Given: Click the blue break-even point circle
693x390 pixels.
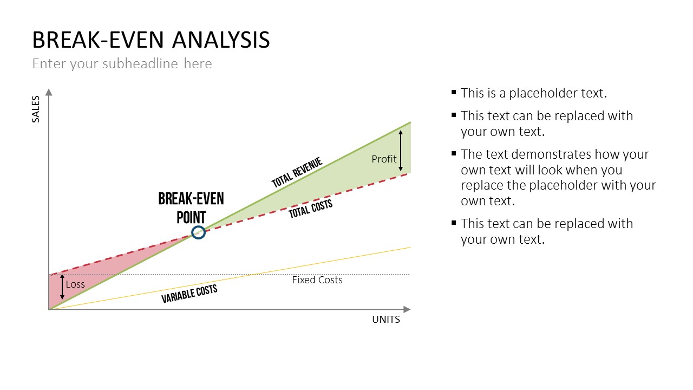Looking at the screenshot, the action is [x=198, y=226].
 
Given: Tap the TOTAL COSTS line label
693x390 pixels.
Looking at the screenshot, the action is [x=311, y=209].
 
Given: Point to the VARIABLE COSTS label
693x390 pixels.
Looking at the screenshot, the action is [x=189, y=294].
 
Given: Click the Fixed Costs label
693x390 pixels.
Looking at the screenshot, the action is [x=317, y=280].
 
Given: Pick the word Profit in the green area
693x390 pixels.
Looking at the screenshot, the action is [x=384, y=159].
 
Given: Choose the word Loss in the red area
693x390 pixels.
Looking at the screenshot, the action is [x=75, y=284].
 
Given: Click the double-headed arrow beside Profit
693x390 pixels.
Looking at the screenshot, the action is [x=401, y=151].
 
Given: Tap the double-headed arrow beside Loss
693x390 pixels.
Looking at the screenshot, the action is [x=62, y=287].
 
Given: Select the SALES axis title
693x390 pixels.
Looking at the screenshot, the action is [x=36, y=109].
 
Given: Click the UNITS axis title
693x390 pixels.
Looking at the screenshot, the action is [x=386, y=320].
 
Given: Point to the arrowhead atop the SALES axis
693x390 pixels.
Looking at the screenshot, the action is [x=49, y=92].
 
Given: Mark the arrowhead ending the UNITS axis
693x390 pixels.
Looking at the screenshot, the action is [x=407, y=309].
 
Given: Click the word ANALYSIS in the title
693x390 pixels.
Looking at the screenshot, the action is [x=221, y=40].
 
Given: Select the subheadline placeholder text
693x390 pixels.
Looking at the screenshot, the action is [x=122, y=64].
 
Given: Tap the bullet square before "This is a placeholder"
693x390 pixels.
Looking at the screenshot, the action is [x=454, y=92].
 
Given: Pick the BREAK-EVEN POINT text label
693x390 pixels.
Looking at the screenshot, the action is [x=191, y=207].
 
